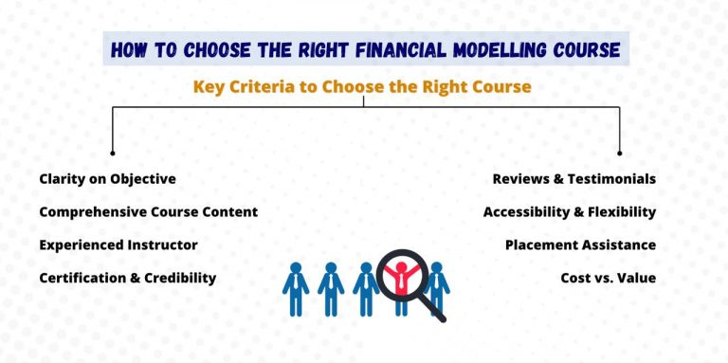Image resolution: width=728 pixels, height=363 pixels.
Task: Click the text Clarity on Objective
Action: [107, 178]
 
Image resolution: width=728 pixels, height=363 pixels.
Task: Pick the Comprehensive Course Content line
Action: [148, 211]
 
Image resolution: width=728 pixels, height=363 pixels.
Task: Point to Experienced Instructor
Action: [118, 245]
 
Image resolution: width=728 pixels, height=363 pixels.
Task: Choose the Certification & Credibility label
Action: [128, 278]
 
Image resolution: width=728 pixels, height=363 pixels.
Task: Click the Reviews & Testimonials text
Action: [574, 178]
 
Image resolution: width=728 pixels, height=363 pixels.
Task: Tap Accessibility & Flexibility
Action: [570, 211]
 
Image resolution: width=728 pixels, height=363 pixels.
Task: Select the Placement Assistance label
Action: [580, 245]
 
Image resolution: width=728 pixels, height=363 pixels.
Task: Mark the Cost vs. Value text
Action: [609, 278]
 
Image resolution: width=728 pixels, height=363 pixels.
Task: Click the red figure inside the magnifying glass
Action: [402, 276]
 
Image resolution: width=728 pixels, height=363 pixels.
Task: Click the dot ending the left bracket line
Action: [113, 153]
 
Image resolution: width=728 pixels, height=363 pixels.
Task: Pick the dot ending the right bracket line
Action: [620, 153]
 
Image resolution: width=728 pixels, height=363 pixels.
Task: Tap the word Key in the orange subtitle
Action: [209, 86]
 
